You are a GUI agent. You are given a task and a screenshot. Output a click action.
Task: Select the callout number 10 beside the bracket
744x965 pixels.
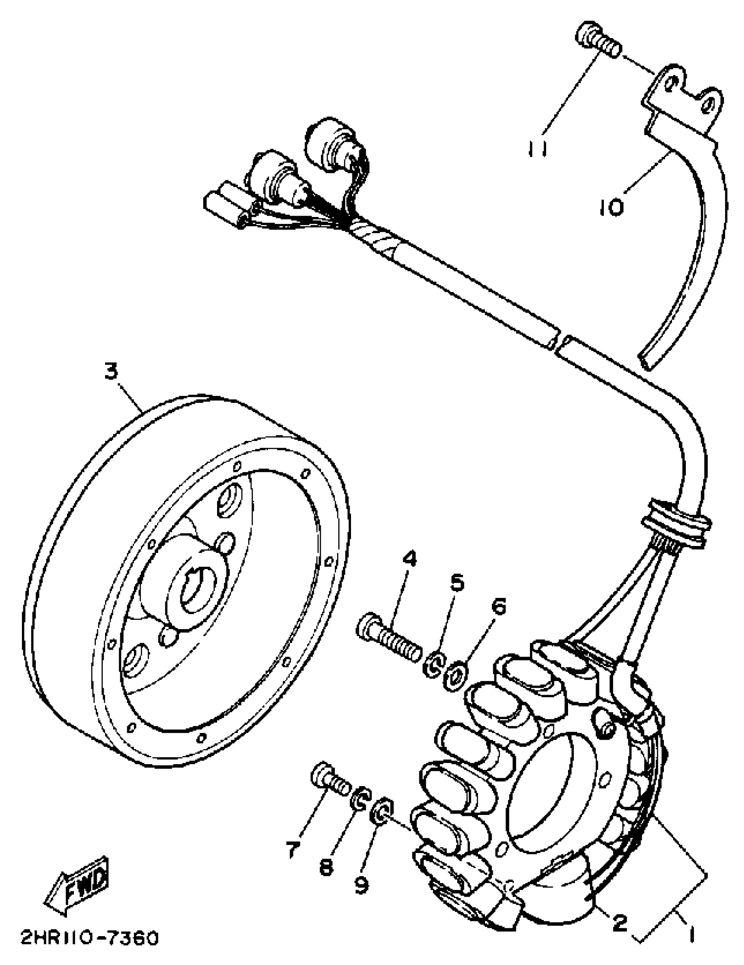click(611, 206)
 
